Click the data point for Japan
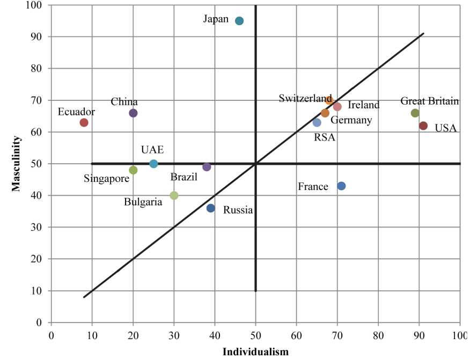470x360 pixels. tap(239, 21)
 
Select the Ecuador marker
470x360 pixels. tap(84, 122)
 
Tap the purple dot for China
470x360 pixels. tap(133, 113)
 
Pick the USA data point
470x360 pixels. tap(423, 126)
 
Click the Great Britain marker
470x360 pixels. tap(415, 113)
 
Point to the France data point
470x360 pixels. tap(341, 186)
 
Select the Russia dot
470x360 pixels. tap(211, 208)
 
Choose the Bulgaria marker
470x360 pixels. tap(174, 195)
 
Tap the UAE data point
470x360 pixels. tap(153, 164)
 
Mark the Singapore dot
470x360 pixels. tap(133, 170)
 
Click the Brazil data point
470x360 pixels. tap(207, 167)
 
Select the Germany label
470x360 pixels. tap(351, 120)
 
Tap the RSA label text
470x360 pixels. tap(324, 137)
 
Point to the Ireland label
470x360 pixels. tap(364, 105)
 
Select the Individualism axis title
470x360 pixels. tap(255, 351)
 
